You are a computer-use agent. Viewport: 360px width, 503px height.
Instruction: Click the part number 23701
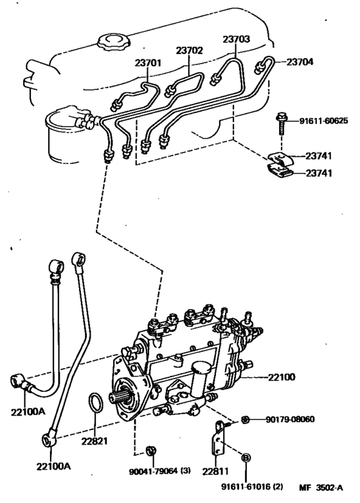pyautogui.click(x=148, y=63)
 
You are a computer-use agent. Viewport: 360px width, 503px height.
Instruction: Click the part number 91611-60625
pyautogui.click(x=323, y=121)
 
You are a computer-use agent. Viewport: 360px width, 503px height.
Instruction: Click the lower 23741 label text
pyautogui.click(x=319, y=173)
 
